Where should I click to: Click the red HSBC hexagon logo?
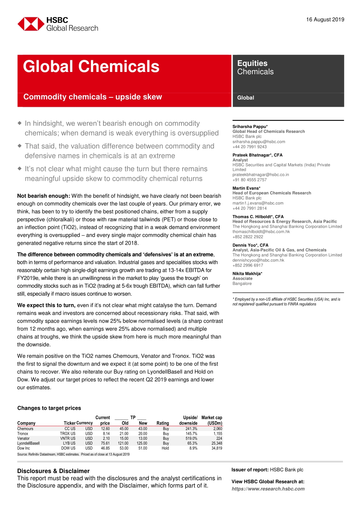pyautogui.click(x=30, y=24)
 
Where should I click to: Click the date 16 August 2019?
pyautogui.click(x=325, y=20)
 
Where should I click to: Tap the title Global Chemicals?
pyautogui.click(x=91, y=67)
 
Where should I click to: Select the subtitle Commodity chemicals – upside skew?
pyautogui.click(x=92, y=97)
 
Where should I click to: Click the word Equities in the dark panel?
pyautogui.click(x=252, y=63)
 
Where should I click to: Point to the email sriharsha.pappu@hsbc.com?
pyautogui.click(x=259, y=142)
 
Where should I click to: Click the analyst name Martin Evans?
pyautogui.click(x=246, y=188)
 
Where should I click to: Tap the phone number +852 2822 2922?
pyautogui.click(x=247, y=237)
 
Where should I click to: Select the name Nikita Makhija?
pyautogui.click(x=247, y=273)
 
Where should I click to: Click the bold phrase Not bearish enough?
pyautogui.click(x=44, y=196)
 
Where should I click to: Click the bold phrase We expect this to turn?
pyautogui.click(x=46, y=305)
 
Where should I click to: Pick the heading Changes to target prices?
pyautogui.click(x=49, y=408)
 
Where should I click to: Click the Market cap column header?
pyautogui.click(x=212, y=420)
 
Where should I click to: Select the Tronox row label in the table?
pyautogui.click(x=23, y=434)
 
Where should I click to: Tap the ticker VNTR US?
pyautogui.click(x=68, y=439)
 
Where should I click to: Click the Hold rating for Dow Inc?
pyautogui.click(x=165, y=448)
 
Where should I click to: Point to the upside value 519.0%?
pyautogui.click(x=191, y=439)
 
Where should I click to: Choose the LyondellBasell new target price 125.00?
pyautogui.click(x=142, y=443)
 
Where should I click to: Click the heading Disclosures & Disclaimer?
pyautogui.click(x=53, y=471)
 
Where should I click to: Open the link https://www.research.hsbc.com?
pyautogui.click(x=268, y=489)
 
